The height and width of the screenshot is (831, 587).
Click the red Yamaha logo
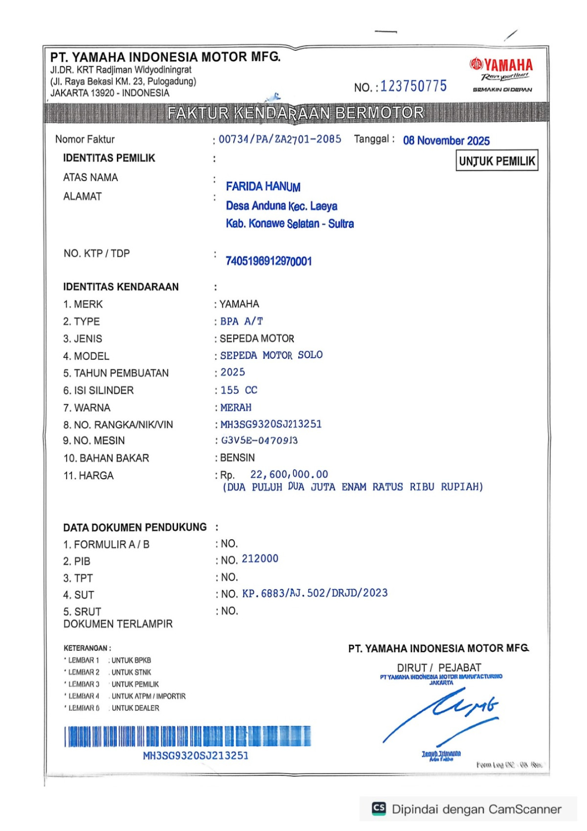point(501,65)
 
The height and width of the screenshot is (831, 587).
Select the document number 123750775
point(413,87)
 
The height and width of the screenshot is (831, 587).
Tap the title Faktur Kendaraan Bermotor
point(295,113)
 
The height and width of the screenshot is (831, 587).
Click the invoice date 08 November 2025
point(446,141)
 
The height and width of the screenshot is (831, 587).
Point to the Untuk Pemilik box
point(497,161)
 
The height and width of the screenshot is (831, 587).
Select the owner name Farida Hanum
point(263,186)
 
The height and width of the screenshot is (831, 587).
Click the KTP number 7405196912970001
point(269,261)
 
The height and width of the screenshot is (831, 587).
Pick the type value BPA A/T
point(242,322)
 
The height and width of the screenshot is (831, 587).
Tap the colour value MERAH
point(236,408)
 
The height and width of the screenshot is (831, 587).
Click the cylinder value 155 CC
point(239,390)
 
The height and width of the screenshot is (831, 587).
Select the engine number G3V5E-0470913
point(259,440)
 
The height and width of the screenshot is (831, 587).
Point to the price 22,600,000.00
point(289,474)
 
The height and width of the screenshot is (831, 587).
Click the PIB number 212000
point(260,559)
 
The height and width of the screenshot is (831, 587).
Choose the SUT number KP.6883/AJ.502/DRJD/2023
point(315,593)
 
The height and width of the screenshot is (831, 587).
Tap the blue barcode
point(187,736)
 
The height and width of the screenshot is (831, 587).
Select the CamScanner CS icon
point(379,808)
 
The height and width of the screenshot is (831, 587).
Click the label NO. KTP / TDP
point(96,254)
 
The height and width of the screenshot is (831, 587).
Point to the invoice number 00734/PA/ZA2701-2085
point(280,139)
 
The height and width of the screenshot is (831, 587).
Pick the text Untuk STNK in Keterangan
point(131,672)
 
